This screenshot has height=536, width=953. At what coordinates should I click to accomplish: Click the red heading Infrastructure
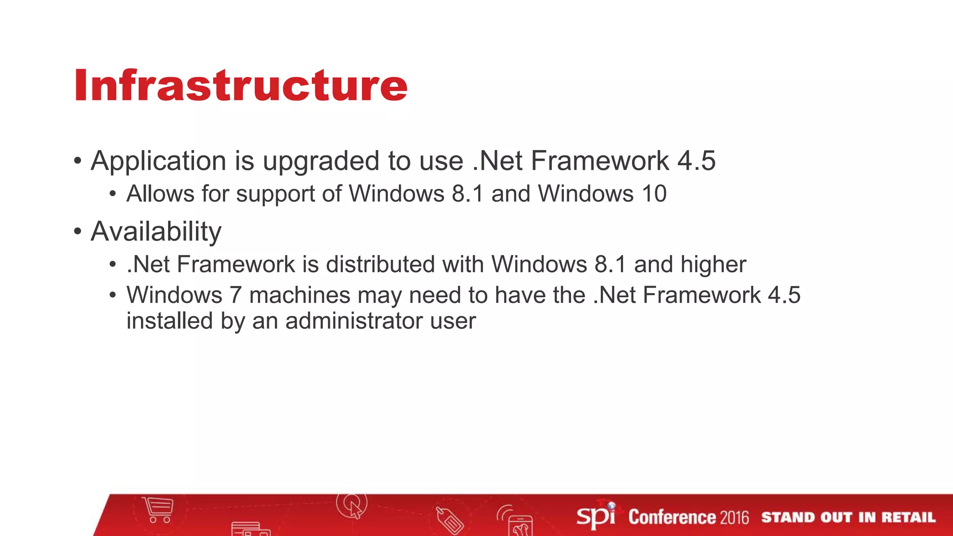point(241,85)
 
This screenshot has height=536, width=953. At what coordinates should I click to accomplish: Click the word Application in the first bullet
point(158,161)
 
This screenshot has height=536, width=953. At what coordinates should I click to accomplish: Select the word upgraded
point(321,161)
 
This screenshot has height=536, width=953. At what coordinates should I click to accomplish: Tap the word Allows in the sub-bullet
point(160,194)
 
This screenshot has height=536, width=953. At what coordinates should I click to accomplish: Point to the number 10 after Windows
point(654,194)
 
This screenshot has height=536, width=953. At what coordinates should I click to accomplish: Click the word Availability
point(156,232)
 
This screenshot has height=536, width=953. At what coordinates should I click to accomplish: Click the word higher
point(713,265)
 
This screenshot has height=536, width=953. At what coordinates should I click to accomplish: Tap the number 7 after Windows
point(236,295)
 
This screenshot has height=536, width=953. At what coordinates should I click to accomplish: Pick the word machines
point(300,295)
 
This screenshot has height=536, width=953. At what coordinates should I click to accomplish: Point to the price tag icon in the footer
point(450,520)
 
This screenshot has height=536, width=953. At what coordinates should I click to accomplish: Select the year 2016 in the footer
point(734,517)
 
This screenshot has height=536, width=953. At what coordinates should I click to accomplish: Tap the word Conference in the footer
point(672,517)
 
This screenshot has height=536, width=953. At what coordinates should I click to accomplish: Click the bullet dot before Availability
point(78,231)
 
